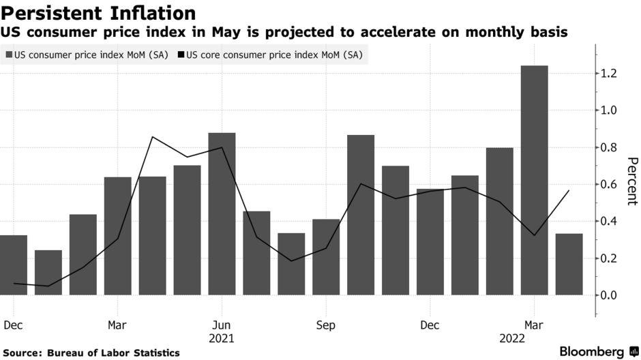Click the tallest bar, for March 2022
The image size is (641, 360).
(x=534, y=181)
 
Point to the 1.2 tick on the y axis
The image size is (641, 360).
(x=609, y=73)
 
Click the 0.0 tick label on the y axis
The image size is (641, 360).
(x=609, y=295)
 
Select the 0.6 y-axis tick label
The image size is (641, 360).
(x=609, y=184)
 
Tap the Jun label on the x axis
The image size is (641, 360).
(x=222, y=325)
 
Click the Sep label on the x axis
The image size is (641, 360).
(x=326, y=325)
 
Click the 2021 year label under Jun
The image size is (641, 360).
(x=222, y=338)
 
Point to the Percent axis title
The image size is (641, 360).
(x=631, y=181)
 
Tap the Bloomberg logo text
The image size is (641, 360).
(x=592, y=352)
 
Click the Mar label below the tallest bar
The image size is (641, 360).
(x=535, y=325)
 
